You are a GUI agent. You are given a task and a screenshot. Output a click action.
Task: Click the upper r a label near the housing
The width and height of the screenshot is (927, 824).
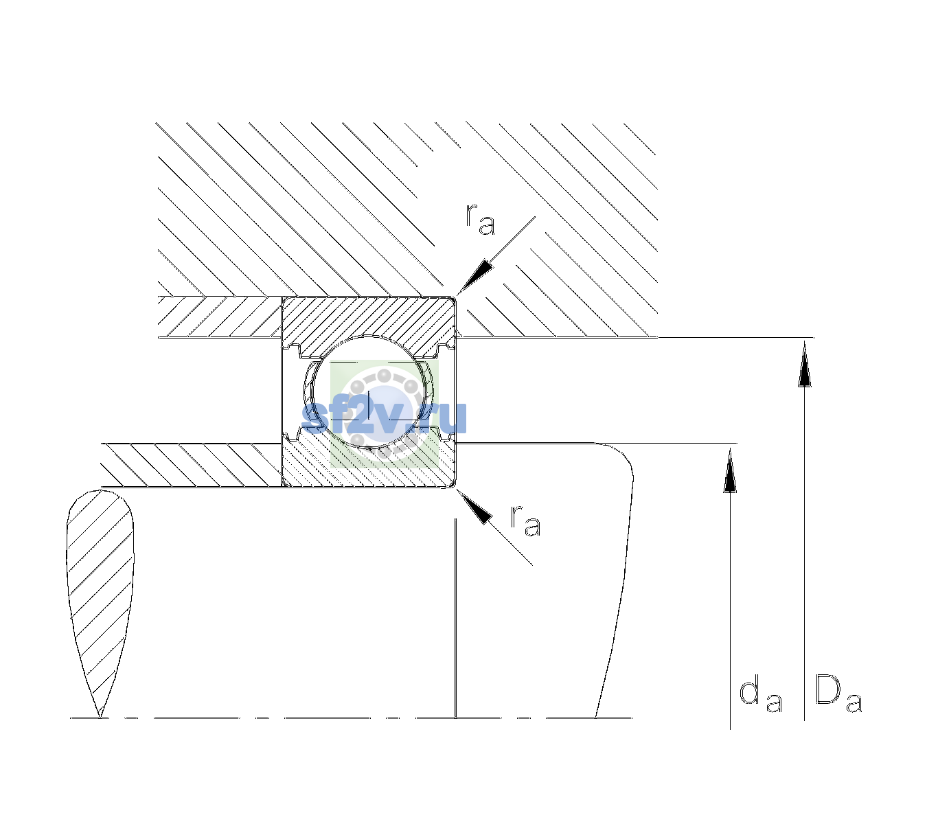coord(481,219)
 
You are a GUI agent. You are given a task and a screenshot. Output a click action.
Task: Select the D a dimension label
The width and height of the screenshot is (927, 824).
coord(838,694)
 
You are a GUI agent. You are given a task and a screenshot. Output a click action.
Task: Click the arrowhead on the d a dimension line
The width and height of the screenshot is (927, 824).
coord(730,470)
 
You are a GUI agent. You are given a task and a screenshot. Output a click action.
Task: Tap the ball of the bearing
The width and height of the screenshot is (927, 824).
coord(370,391)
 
